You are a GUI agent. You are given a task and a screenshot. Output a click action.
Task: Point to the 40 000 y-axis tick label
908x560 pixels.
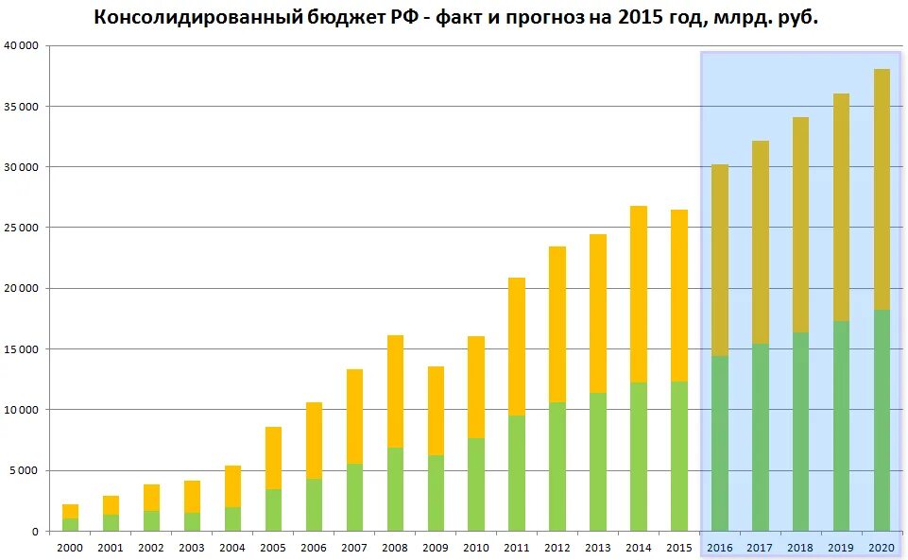click(x=23, y=45)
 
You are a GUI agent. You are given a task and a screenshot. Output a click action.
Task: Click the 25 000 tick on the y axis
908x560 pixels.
click(x=23, y=228)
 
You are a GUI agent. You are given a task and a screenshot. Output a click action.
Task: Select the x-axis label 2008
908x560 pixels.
click(x=395, y=548)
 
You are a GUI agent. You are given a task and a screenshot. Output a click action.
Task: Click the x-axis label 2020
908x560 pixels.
click(x=882, y=548)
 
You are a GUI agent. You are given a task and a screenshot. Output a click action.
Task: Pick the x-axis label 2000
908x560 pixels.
click(x=70, y=548)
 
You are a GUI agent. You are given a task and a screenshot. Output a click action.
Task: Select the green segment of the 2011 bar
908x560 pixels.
click(x=517, y=473)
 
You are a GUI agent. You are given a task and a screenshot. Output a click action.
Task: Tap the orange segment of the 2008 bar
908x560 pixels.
click(x=395, y=391)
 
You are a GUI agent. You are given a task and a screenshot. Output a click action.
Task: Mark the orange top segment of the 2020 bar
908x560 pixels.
click(x=882, y=189)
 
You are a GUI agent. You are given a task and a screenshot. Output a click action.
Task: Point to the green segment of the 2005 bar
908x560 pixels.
click(x=273, y=510)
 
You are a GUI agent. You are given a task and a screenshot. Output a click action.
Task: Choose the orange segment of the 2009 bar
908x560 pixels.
click(x=436, y=411)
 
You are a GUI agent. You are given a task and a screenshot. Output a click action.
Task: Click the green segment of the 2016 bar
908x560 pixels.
click(x=720, y=443)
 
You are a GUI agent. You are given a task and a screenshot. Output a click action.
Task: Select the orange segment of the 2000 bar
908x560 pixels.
click(x=70, y=511)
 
